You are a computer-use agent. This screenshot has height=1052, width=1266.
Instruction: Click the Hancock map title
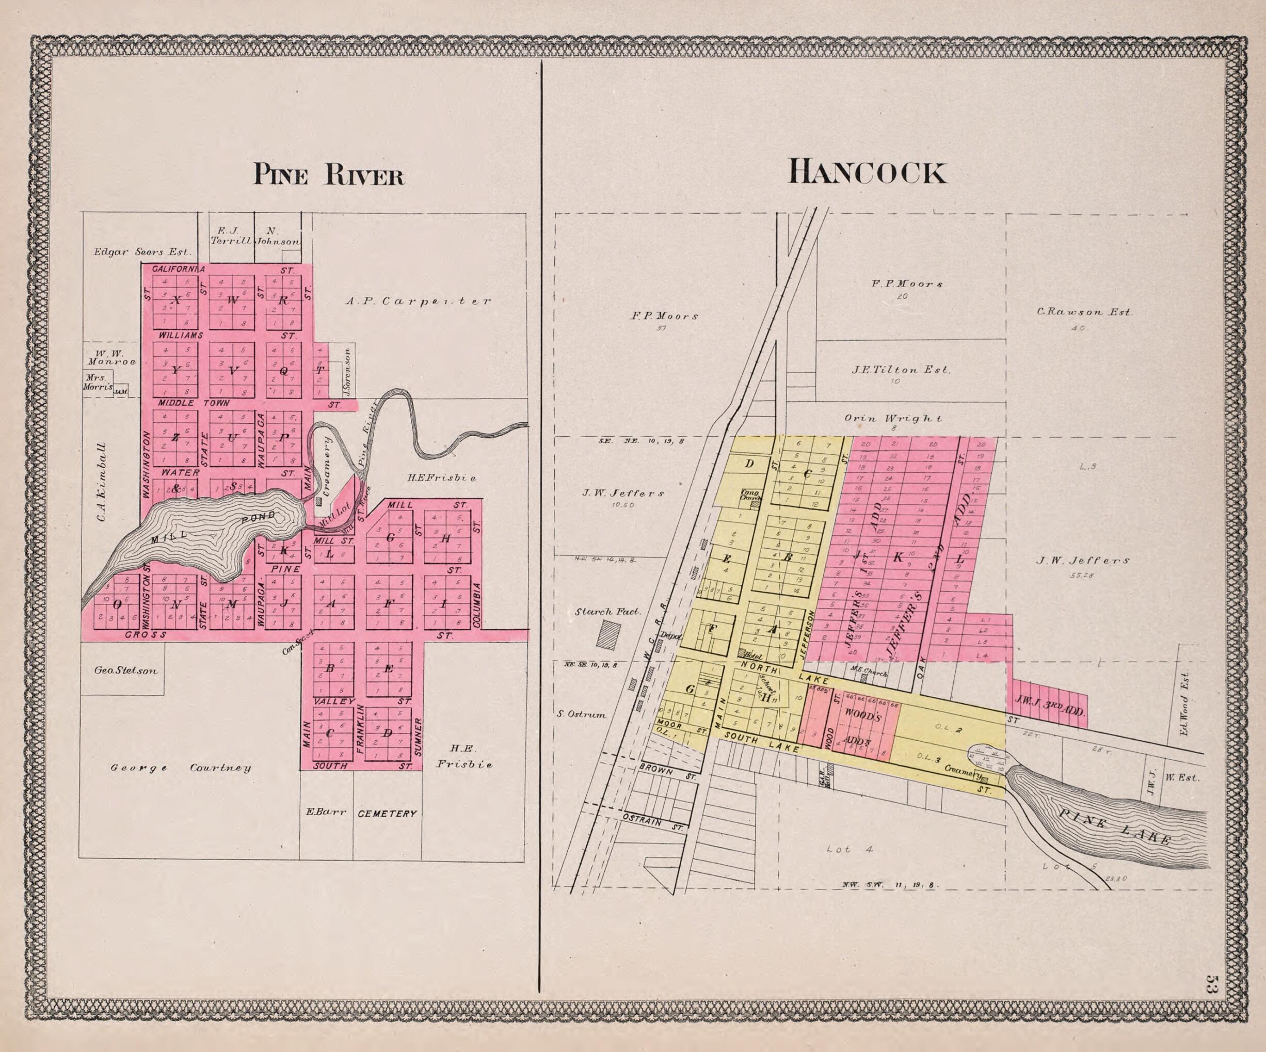pos(867,172)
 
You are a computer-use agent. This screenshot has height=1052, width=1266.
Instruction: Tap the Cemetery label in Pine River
pos(387,814)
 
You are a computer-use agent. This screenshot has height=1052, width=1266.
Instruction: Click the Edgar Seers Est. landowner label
pos(142,252)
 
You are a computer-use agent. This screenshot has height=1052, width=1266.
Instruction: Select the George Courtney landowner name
pos(180,768)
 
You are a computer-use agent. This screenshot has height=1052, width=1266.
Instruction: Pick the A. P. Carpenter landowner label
pos(418,300)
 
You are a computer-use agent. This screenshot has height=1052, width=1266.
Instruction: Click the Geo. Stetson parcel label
pos(125,670)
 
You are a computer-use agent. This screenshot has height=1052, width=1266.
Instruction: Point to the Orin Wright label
pos(893,418)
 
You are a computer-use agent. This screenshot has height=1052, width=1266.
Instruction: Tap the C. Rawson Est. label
pos(1084,312)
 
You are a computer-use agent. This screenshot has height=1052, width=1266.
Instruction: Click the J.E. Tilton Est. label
pos(901,370)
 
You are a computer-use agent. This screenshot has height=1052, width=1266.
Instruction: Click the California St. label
pos(178,269)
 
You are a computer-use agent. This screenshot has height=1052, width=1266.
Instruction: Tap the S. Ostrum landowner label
pos(581,714)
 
